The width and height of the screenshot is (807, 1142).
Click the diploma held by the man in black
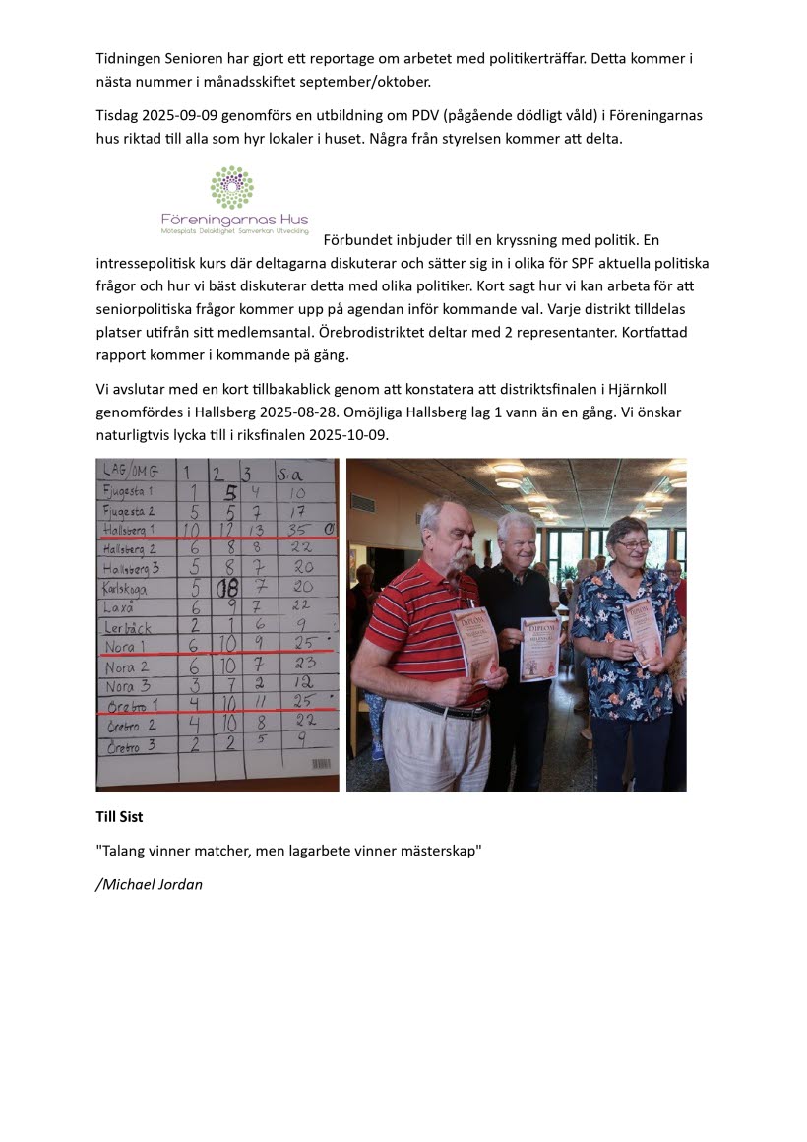point(539,649)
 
